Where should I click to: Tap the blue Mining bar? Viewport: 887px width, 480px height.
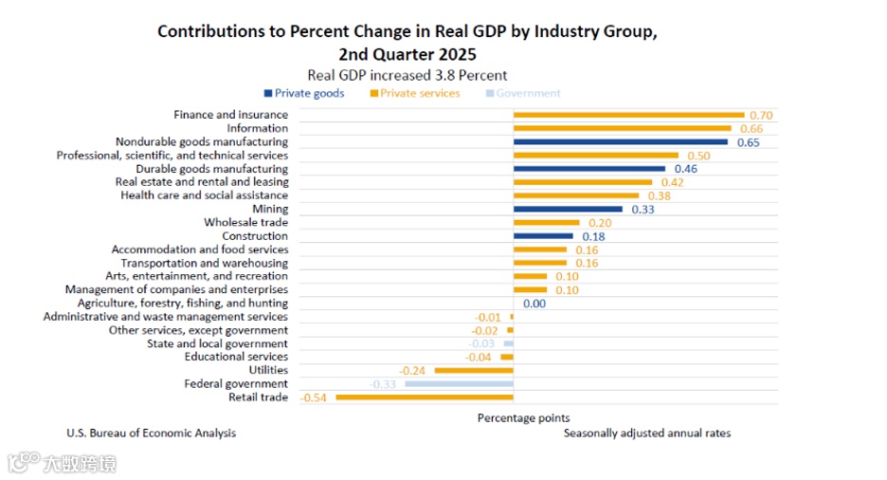click(568, 209)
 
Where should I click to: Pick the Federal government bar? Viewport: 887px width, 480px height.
click(459, 384)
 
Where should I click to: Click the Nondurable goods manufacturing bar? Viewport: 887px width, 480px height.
click(621, 142)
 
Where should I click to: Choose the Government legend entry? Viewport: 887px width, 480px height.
click(528, 93)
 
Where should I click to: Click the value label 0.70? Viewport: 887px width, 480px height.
click(761, 115)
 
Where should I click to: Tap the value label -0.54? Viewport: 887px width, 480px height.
click(314, 397)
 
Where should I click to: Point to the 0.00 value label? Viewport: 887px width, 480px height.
click(534, 304)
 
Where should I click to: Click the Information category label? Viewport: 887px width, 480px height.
click(257, 128)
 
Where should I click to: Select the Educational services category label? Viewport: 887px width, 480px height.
click(236, 357)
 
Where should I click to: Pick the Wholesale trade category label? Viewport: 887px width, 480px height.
click(245, 222)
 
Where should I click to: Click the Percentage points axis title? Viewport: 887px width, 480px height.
click(523, 417)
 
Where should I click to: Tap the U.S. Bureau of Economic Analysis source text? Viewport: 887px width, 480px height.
click(151, 433)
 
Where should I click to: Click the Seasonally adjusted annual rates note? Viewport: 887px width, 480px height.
click(647, 433)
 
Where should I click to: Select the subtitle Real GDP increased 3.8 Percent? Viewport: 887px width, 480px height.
click(407, 75)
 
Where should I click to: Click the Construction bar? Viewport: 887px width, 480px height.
click(543, 236)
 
